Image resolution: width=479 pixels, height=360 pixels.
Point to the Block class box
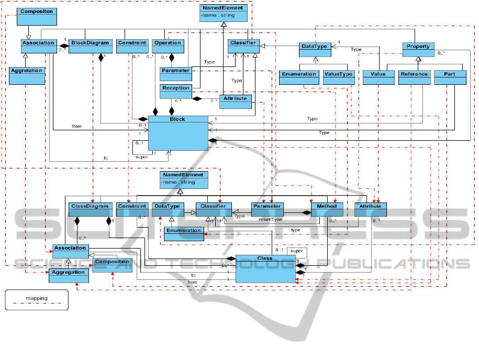[177, 133]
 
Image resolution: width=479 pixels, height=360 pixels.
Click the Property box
[418, 50]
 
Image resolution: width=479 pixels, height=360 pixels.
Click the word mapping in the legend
[37, 298]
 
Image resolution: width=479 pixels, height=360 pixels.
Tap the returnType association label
[271, 220]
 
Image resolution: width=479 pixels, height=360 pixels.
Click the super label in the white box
[296, 251]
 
